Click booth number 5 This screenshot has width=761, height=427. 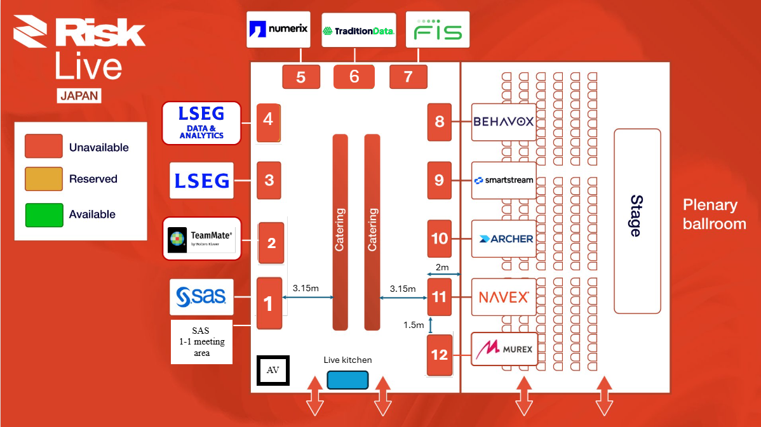300,77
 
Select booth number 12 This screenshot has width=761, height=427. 440,354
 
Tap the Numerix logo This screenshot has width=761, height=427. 278,29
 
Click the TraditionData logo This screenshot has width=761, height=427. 358,30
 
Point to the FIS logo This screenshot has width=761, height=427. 438,29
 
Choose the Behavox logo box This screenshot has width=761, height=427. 503,121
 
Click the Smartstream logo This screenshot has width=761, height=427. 503,180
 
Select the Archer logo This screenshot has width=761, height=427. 503,239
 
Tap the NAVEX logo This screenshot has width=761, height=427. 503,297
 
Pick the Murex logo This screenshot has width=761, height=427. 503,348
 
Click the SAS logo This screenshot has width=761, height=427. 201,296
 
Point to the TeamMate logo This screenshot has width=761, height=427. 202,238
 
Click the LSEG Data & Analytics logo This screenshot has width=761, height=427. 201,122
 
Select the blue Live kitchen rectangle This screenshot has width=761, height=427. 347,379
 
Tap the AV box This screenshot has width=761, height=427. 273,371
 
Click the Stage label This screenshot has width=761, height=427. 636,216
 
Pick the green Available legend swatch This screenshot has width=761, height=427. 44,214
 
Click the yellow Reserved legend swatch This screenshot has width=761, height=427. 44,179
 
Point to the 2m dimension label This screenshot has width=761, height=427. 442,268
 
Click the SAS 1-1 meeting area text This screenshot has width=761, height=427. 201,341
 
